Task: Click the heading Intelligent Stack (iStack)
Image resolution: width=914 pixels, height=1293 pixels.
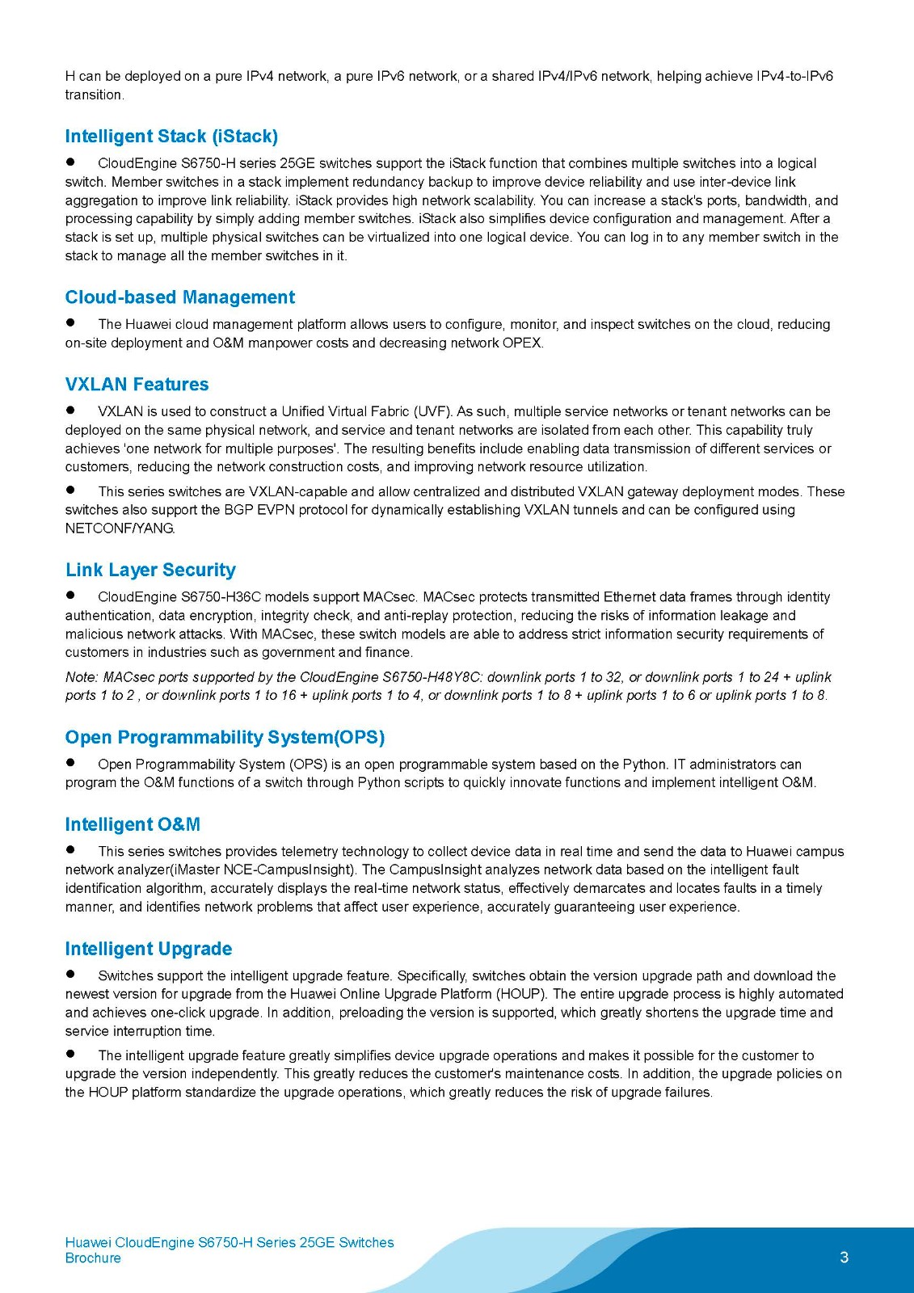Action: pos(171,137)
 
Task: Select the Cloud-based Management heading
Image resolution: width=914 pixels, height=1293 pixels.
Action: pos(180,297)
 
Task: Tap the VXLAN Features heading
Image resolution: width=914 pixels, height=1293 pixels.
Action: pos(137,385)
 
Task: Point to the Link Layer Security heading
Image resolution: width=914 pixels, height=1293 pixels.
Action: pos(150,571)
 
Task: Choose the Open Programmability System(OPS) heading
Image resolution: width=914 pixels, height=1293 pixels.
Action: pos(225,738)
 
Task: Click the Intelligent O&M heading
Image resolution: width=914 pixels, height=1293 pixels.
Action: pos(133,825)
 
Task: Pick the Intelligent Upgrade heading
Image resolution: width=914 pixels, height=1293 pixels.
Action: pos(149,950)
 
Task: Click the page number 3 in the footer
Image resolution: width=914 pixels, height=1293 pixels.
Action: pos(845,1257)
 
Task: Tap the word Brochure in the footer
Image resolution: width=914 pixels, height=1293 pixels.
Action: pos(93,1258)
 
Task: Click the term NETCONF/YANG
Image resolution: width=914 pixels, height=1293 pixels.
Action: pos(120,529)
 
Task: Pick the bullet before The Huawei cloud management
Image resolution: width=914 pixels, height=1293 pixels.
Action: pos(71,322)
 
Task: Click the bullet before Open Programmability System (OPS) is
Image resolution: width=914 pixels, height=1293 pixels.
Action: pos(71,763)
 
